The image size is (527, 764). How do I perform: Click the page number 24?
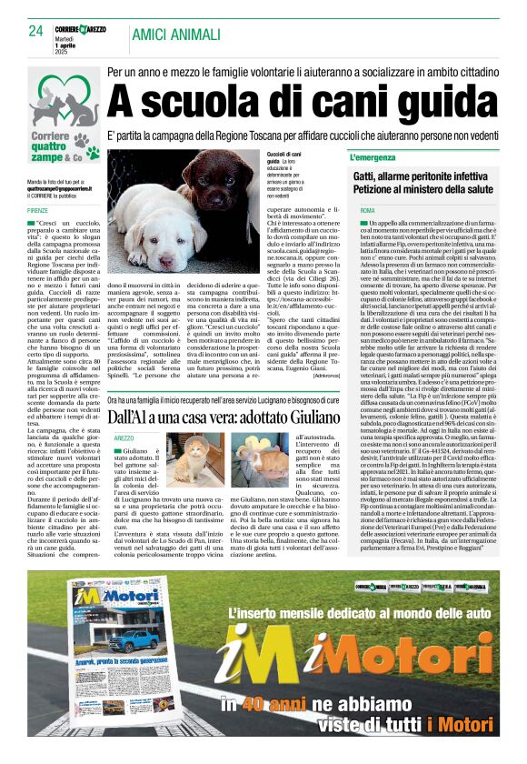coord(36,31)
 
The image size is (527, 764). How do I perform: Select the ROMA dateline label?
coord(367,210)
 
